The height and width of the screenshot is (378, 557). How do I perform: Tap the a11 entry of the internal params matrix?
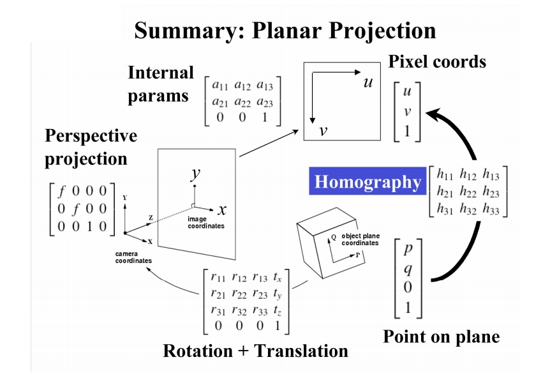click(x=220, y=86)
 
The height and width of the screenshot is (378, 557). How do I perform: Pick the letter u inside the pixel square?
click(x=367, y=83)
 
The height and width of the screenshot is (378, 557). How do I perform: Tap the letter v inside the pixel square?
click(x=323, y=131)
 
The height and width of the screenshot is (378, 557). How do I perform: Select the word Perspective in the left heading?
click(x=91, y=136)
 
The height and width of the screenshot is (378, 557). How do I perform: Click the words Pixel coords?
click(x=437, y=61)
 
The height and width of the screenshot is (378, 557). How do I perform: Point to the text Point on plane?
click(x=441, y=336)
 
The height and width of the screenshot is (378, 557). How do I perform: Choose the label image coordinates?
click(x=205, y=222)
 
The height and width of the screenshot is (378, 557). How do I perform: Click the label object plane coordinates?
click(x=360, y=239)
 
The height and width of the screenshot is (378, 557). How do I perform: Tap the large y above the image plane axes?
click(x=196, y=174)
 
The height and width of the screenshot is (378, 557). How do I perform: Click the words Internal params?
click(x=160, y=84)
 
